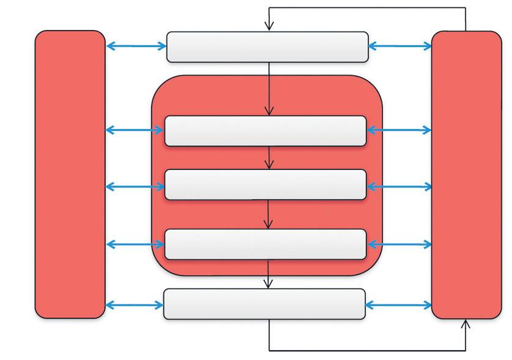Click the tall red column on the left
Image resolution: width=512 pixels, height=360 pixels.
pyautogui.click(x=70, y=174)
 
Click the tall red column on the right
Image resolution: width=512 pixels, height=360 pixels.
pyautogui.click(x=467, y=174)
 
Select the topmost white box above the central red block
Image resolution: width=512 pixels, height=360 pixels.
pyautogui.click(x=267, y=47)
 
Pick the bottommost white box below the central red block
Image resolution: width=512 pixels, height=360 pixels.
pyautogui.click(x=264, y=304)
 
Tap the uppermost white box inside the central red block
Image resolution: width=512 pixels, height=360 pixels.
pyautogui.click(x=265, y=131)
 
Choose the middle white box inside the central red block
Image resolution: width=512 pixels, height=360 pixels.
pyautogui.click(x=265, y=185)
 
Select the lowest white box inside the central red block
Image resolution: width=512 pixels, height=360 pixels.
pyautogui.click(x=265, y=244)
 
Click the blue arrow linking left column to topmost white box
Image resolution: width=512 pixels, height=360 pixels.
pyautogui.click(x=136, y=46)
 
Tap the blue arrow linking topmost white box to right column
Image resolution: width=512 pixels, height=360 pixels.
pyautogui.click(x=400, y=46)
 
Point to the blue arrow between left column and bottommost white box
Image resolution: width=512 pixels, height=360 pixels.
pyautogui.click(x=134, y=304)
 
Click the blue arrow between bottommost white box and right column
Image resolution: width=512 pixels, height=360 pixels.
pyautogui.click(x=398, y=304)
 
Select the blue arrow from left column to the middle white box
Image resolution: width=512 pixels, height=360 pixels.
pyautogui.click(x=135, y=186)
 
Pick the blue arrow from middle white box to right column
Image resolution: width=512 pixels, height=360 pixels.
pyautogui.click(x=399, y=186)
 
